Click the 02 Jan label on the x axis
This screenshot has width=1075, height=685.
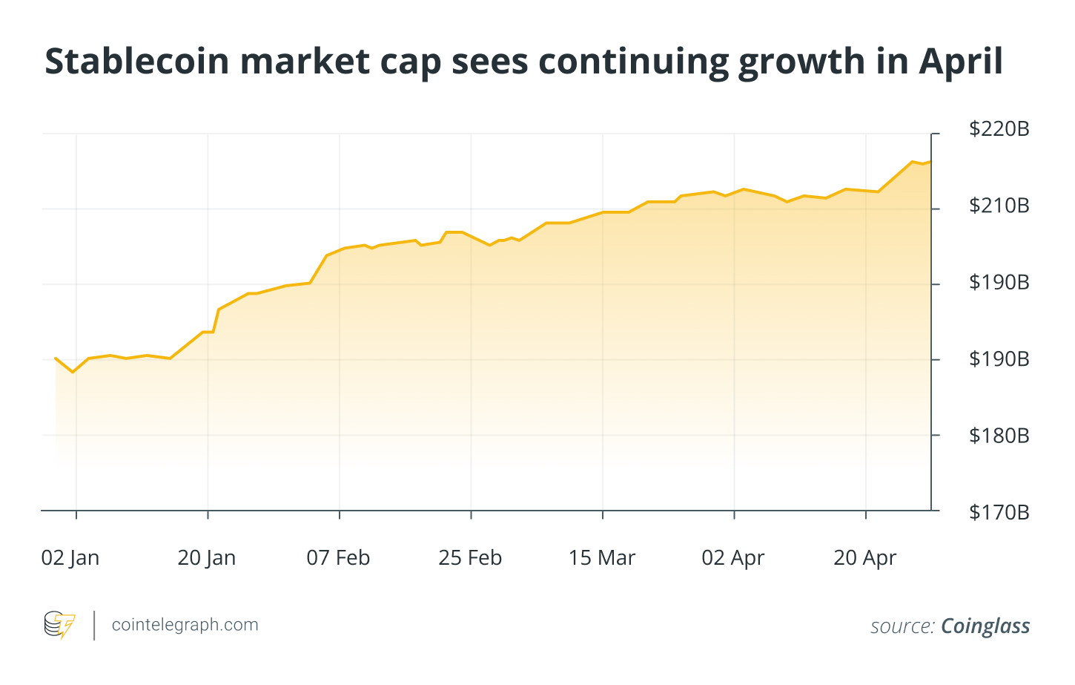click(70, 558)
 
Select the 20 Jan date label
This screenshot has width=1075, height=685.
click(207, 558)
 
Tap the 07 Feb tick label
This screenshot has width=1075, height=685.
click(338, 558)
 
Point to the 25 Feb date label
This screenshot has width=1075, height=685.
click(470, 558)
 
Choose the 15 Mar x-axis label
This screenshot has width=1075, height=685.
click(602, 558)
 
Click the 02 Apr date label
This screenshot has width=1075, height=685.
click(732, 558)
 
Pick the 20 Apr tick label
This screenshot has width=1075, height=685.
click(864, 558)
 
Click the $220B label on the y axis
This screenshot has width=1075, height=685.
click(999, 129)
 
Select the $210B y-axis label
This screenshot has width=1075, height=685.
click(999, 206)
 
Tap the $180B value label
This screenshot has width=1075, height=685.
click(999, 436)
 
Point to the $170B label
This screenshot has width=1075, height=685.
click(999, 512)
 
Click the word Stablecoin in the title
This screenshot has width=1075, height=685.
click(137, 62)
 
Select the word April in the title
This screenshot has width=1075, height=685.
click(961, 62)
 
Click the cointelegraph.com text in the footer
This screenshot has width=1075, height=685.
click(185, 625)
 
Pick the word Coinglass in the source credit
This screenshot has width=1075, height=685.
click(985, 626)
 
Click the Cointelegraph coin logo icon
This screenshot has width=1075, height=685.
click(59, 625)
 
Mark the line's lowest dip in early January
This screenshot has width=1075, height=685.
click(73, 371)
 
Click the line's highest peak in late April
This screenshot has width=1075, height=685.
click(912, 161)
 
